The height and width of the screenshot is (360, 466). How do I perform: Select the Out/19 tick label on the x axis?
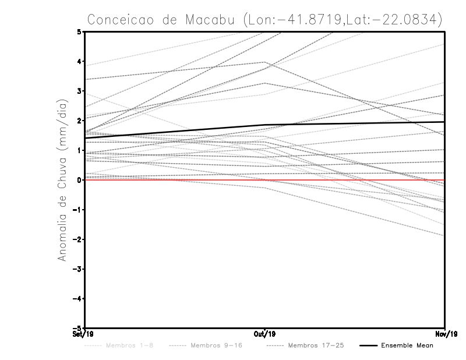click(265, 334)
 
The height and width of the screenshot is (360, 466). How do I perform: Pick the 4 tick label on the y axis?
click(79, 61)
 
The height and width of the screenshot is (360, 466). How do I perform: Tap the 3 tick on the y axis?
click(79, 91)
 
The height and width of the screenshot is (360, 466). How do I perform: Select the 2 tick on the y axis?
click(79, 121)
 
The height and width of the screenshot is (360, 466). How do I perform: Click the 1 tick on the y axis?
click(79, 150)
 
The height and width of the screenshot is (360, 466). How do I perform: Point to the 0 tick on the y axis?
click(79, 180)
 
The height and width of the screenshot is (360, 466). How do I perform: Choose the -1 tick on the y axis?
click(77, 210)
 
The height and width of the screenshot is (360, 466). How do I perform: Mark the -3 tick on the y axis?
click(77, 269)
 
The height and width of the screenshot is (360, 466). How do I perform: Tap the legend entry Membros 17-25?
click(316, 346)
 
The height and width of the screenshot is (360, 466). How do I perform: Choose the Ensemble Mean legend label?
click(407, 346)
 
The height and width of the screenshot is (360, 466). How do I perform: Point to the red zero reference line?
click(175, 180)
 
